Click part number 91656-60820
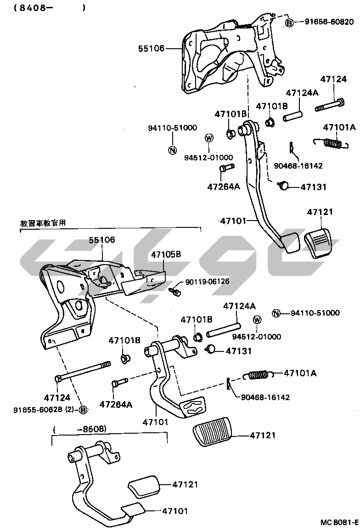click(x=329, y=22)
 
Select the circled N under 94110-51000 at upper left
click(x=172, y=150)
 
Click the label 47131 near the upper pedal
click(x=314, y=187)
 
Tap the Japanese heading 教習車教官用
click(x=43, y=223)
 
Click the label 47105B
click(x=166, y=254)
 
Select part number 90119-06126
click(x=207, y=282)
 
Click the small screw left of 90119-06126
click(x=174, y=291)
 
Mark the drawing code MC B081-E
click(x=339, y=522)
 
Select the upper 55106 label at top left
click(x=152, y=48)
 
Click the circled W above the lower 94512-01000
click(x=257, y=320)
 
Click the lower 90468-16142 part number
click(x=265, y=397)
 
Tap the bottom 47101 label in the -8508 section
click(x=174, y=510)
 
